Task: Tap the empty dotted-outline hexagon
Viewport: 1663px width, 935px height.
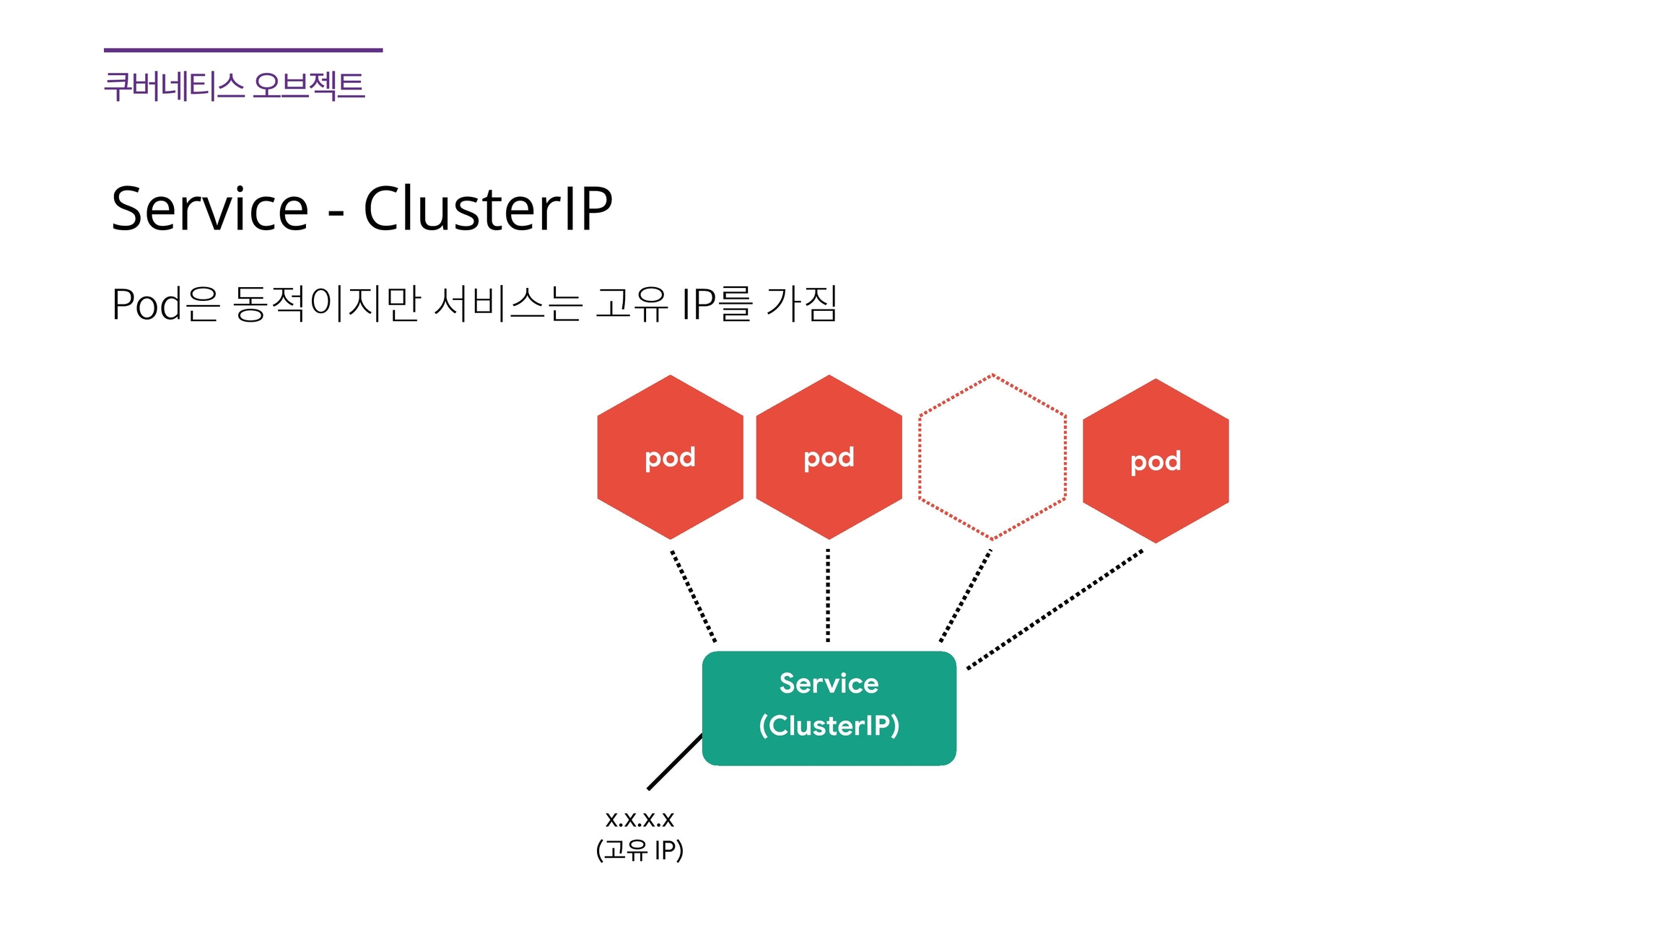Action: pyautogui.click(x=992, y=457)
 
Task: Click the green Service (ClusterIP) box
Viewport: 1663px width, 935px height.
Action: pyautogui.click(x=829, y=708)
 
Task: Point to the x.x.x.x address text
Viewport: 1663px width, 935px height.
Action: pyautogui.click(x=640, y=819)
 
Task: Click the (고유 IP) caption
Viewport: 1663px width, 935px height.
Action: pyautogui.click(x=640, y=850)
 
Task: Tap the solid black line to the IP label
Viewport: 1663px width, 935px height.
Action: pyautogui.click(x=675, y=762)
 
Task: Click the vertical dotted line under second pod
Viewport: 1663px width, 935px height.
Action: pyautogui.click(x=828, y=596)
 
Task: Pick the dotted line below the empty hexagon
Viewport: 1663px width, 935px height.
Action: pyautogui.click(x=966, y=596)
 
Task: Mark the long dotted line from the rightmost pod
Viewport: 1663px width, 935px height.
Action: pyautogui.click(x=1055, y=609)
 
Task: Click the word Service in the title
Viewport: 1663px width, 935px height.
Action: pyautogui.click(x=210, y=208)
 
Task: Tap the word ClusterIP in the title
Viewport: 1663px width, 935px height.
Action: pyautogui.click(x=488, y=208)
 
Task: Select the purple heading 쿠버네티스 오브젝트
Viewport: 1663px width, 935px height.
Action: pyautogui.click(x=235, y=86)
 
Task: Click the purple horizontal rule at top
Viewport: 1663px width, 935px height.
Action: pyautogui.click(x=243, y=51)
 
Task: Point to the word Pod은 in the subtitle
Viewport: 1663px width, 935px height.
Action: pyautogui.click(x=165, y=304)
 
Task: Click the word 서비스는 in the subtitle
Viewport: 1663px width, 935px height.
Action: pyautogui.click(x=508, y=304)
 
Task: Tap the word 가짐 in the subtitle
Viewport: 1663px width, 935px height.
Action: pyautogui.click(x=801, y=304)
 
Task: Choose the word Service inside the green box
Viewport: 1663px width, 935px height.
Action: pyautogui.click(x=829, y=683)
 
